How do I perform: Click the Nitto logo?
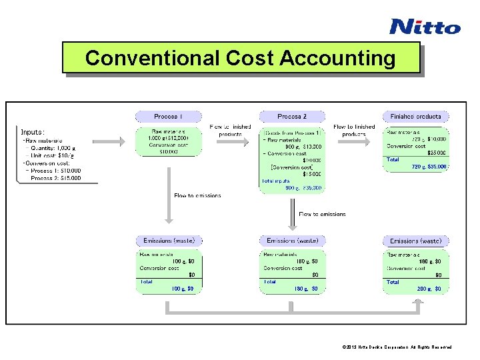tap(425, 27)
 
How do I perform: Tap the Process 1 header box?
tap(168, 116)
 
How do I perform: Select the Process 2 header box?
tap(291, 116)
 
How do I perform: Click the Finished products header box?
tap(415, 116)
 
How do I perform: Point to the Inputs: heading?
tap(33, 132)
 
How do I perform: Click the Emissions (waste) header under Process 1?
tap(169, 241)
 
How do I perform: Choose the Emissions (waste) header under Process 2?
tap(292, 241)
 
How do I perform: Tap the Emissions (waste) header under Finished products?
tap(415, 241)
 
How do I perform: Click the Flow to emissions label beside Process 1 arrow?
tap(197, 195)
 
